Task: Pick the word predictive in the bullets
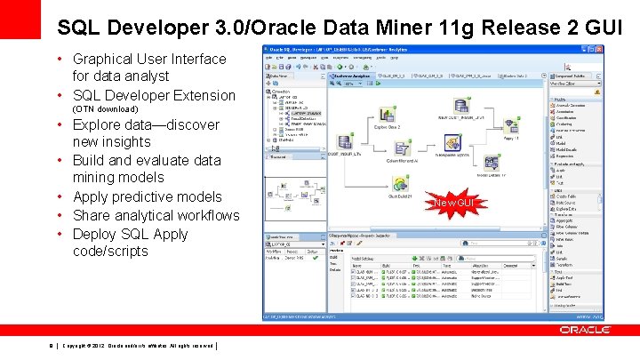click(x=149, y=197)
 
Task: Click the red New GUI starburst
click(x=454, y=204)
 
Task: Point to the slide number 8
click(x=52, y=346)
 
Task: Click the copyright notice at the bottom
click(x=138, y=346)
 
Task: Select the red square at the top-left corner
click(x=19, y=16)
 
